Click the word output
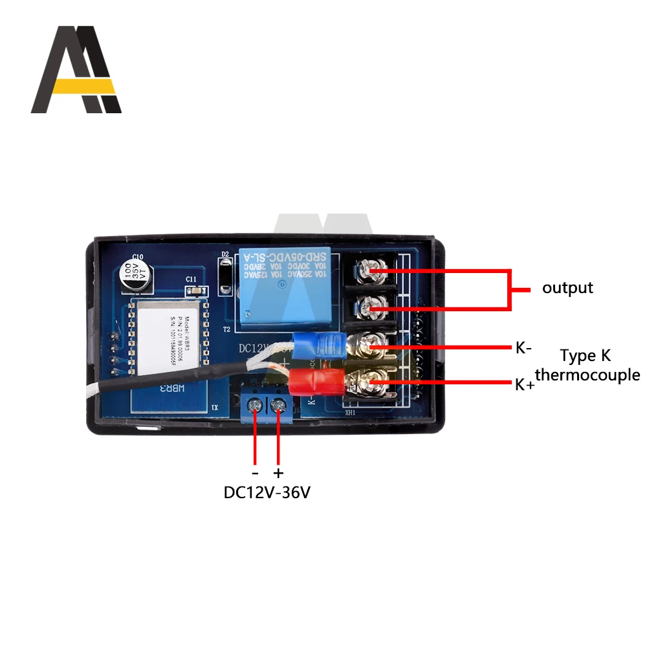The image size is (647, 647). [x=567, y=288]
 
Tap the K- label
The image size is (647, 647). [x=523, y=348]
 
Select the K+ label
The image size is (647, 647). [x=524, y=384]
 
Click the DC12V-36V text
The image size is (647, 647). [x=267, y=492]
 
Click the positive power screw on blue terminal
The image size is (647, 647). [x=279, y=406]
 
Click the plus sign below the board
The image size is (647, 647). [x=279, y=473]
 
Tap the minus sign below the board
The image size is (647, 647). [x=255, y=473]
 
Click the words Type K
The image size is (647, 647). [x=585, y=356]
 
